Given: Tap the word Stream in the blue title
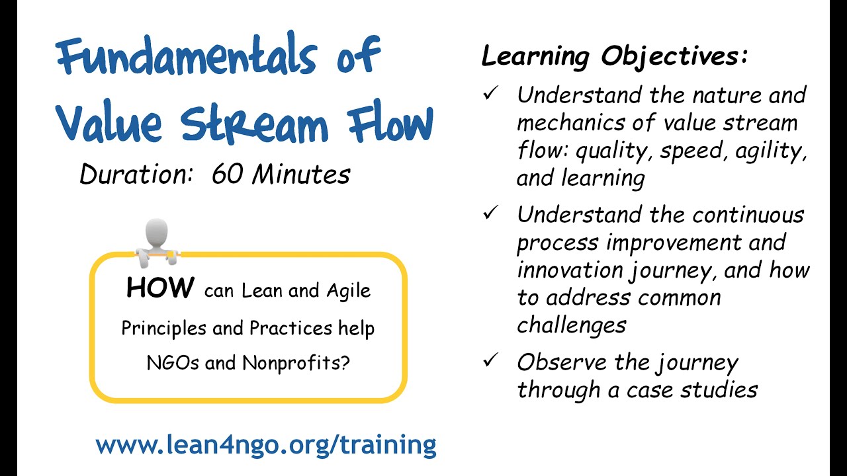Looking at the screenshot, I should pyautogui.click(x=254, y=124).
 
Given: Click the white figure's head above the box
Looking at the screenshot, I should pyautogui.click(x=157, y=233).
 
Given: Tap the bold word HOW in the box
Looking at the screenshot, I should pyautogui.click(x=160, y=288).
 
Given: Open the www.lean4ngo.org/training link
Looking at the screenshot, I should pyautogui.click(x=265, y=445).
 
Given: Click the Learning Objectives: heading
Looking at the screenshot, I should pyautogui.click(x=615, y=57).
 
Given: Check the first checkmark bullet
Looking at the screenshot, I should pyautogui.click(x=490, y=94).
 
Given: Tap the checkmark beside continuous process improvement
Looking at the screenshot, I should pyautogui.click(x=490, y=214).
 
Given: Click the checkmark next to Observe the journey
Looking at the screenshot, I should pyautogui.click(x=490, y=361).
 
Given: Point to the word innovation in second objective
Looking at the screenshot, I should pyautogui.click(x=570, y=270).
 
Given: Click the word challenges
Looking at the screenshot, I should pyautogui.click(x=571, y=325).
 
